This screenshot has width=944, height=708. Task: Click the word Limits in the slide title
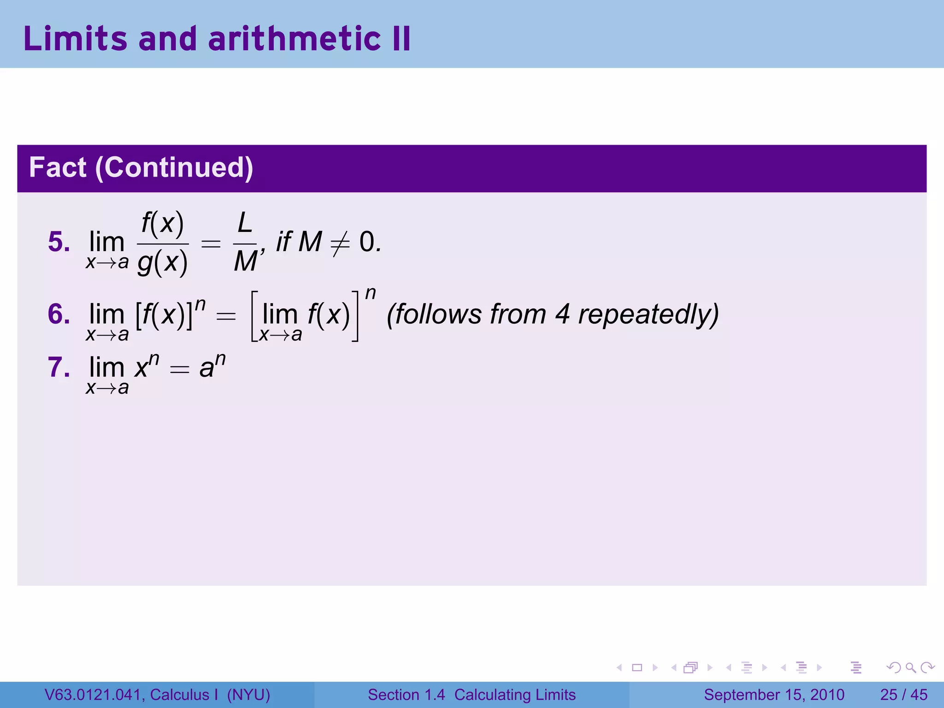(75, 39)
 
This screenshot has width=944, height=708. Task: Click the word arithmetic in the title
(294, 39)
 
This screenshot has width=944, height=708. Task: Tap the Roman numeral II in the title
(400, 39)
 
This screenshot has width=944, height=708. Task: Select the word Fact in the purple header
(58, 167)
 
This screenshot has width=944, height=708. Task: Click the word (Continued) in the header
(174, 167)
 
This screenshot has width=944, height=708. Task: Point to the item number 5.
(59, 242)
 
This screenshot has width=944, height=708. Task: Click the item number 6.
(59, 314)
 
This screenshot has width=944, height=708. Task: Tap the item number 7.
(59, 368)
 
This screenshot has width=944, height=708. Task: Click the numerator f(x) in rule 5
(163, 224)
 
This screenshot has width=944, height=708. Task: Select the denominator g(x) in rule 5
(163, 263)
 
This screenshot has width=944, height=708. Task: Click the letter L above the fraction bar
(245, 224)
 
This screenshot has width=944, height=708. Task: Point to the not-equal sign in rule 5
(340, 243)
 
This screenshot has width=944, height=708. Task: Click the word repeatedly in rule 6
(648, 315)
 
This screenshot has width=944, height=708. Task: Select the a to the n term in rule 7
(212, 366)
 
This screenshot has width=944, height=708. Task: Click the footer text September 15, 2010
(774, 695)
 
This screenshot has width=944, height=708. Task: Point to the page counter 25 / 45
(903, 695)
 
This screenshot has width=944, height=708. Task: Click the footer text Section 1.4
(406, 695)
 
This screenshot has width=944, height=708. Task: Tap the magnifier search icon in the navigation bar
(910, 667)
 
